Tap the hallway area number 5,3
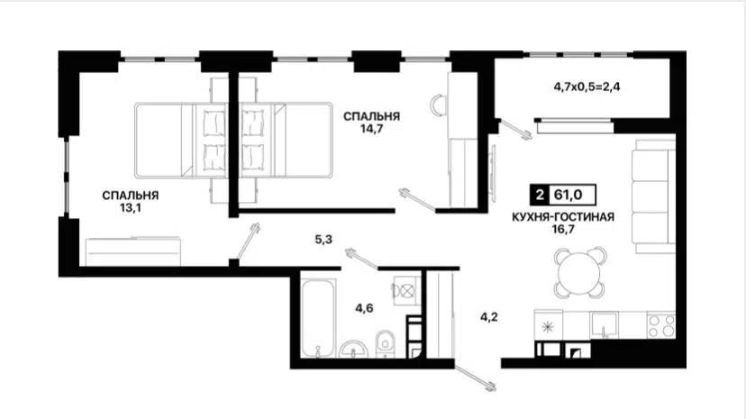click(x=324, y=240)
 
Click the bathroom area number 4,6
click(x=365, y=309)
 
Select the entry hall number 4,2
click(x=487, y=316)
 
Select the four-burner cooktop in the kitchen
click(x=660, y=323)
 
